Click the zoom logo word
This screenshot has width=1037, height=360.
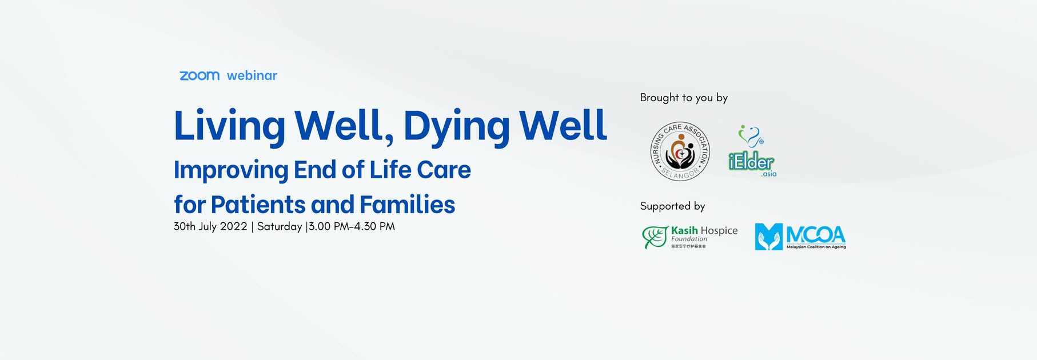coord(199,75)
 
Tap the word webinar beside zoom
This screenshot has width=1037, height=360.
coord(252,75)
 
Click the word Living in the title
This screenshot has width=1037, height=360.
coord(229,126)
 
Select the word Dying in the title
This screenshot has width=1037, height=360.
coord(456,126)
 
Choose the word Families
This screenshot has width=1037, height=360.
coord(407,205)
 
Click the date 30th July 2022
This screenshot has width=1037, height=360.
coord(210,226)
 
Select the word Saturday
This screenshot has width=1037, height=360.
coord(280,226)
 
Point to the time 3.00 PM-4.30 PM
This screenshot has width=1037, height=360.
coord(352,226)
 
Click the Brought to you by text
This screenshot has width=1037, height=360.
coord(684,98)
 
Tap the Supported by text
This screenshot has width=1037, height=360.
coord(672,206)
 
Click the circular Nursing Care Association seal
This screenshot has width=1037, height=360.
coord(680,151)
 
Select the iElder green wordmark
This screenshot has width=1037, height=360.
coord(751,162)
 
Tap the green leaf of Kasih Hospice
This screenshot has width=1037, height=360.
coord(655,237)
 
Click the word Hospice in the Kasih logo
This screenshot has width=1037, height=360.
coord(719,231)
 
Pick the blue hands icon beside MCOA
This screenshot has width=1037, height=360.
coord(768,237)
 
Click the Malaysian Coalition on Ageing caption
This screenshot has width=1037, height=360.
coord(816,247)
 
